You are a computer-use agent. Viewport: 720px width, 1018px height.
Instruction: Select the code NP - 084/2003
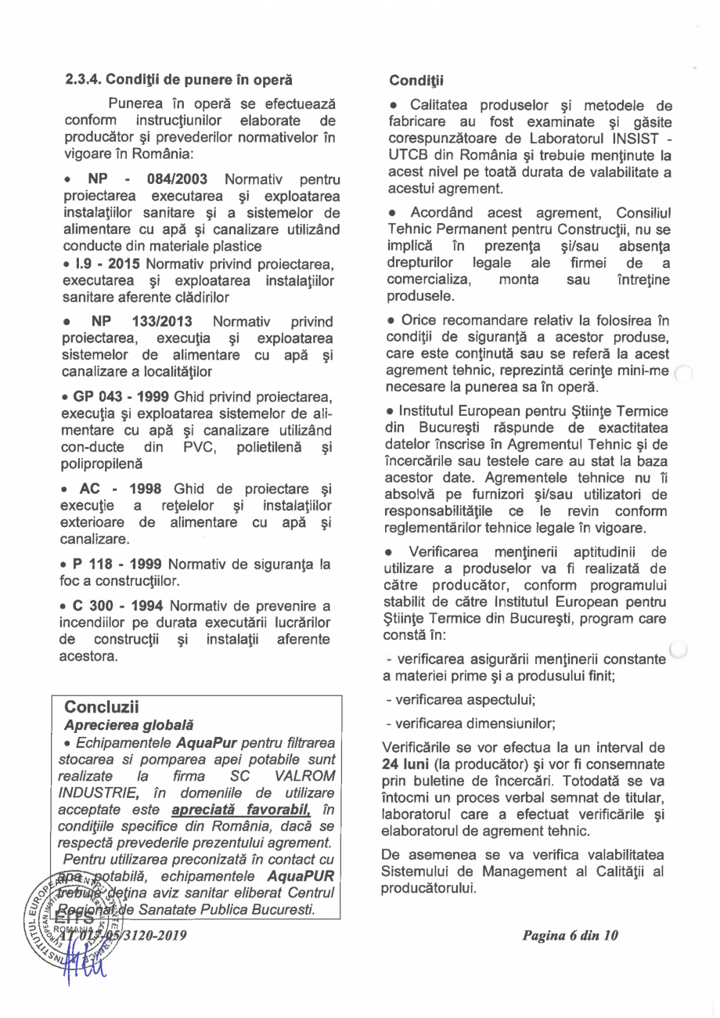click(x=148, y=179)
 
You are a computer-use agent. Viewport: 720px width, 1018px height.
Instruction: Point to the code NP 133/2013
click(x=144, y=322)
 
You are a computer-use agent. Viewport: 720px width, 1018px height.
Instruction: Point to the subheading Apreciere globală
click(x=128, y=725)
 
